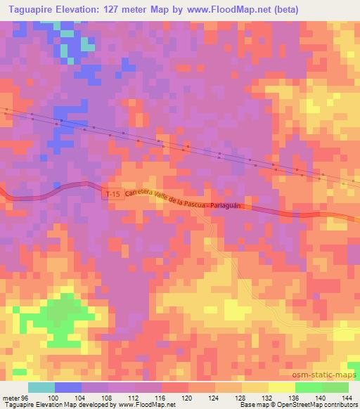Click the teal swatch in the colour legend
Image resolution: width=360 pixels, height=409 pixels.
click(x=41, y=388)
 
